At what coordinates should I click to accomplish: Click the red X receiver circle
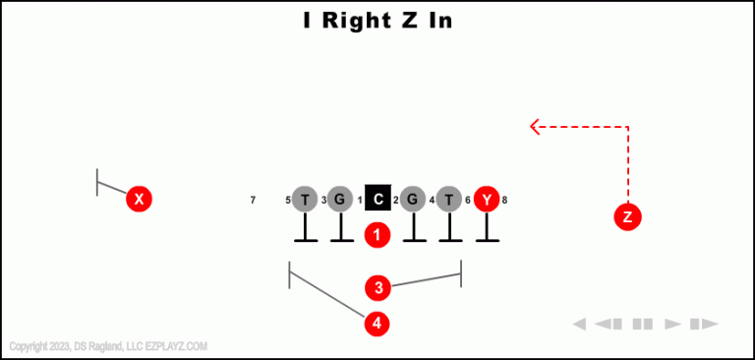click(140, 200)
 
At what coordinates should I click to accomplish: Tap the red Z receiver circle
click(627, 216)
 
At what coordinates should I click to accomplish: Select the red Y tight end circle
click(487, 200)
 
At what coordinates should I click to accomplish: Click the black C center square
click(378, 200)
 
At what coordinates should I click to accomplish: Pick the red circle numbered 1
click(377, 235)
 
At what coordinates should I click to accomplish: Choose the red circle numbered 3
click(378, 288)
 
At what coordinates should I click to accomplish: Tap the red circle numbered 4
click(377, 323)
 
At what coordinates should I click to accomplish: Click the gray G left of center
click(340, 200)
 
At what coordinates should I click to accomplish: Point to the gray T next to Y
click(449, 200)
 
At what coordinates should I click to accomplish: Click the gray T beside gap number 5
click(305, 200)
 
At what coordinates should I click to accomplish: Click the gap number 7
click(253, 201)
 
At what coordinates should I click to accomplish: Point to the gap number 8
click(504, 201)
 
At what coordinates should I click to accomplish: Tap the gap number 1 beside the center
click(360, 201)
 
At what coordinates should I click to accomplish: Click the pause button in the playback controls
click(643, 324)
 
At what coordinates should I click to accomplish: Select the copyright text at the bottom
click(108, 346)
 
